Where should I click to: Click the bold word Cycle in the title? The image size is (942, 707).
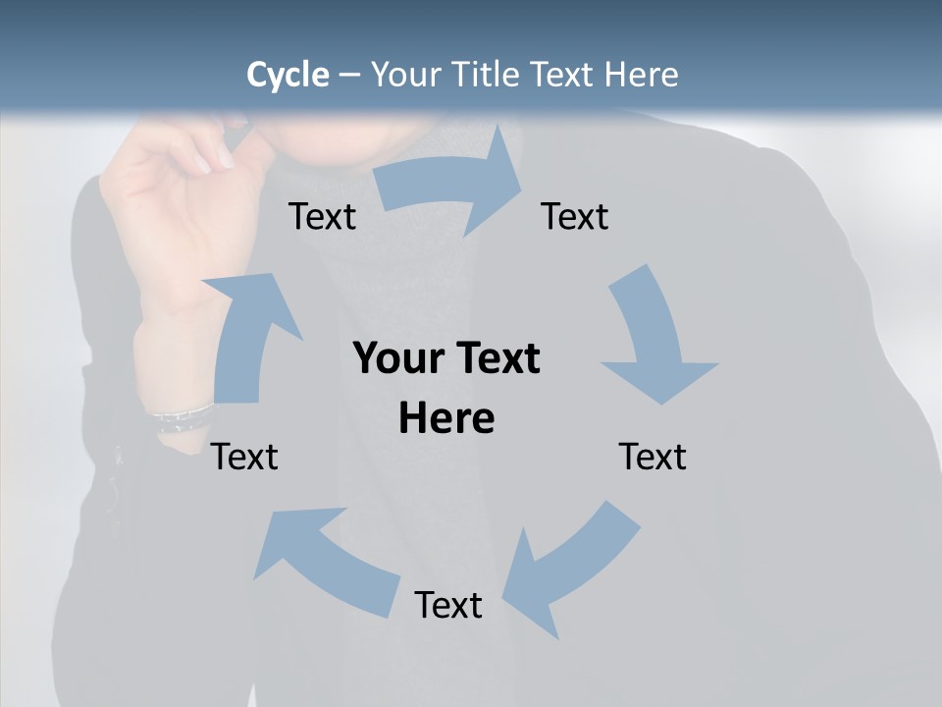pyautogui.click(x=288, y=75)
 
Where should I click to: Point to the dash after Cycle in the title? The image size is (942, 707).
pyautogui.click(x=349, y=75)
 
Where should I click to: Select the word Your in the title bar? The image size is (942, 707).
pyautogui.click(x=402, y=75)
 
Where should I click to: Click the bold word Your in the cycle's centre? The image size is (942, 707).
pyautogui.click(x=396, y=359)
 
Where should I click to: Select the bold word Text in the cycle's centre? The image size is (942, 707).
pyautogui.click(x=495, y=359)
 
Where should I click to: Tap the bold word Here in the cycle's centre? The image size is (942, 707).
pyautogui.click(x=446, y=419)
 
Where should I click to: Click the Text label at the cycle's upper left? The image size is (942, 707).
pyautogui.click(x=322, y=216)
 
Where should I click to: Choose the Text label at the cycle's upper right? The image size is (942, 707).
pyautogui.click(x=574, y=216)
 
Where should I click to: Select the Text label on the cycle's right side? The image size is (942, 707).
pyautogui.click(x=653, y=457)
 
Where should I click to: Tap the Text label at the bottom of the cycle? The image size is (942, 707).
pyautogui.click(x=448, y=605)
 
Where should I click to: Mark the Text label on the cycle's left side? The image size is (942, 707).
pyautogui.click(x=244, y=457)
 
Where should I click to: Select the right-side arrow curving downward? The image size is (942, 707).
pyautogui.click(x=653, y=334)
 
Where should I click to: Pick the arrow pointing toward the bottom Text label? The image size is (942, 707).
pyautogui.click(x=569, y=570)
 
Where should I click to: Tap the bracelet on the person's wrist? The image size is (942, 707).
pyautogui.click(x=182, y=417)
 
